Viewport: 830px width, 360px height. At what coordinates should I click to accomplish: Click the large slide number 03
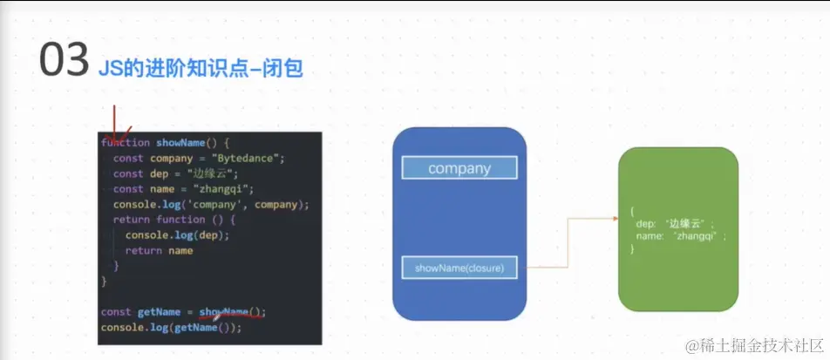tap(64, 60)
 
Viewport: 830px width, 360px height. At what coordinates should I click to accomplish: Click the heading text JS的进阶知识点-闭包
tap(200, 67)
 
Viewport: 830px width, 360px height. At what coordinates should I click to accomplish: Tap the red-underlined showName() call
tap(232, 311)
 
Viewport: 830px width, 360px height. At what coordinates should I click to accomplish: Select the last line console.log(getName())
tap(171, 327)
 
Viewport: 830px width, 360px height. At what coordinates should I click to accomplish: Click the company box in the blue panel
tap(459, 168)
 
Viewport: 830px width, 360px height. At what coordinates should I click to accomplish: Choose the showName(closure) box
tap(459, 268)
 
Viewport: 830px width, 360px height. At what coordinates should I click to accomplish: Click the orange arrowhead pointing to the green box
tap(613, 219)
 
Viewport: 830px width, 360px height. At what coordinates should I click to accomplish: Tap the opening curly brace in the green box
tap(632, 212)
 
